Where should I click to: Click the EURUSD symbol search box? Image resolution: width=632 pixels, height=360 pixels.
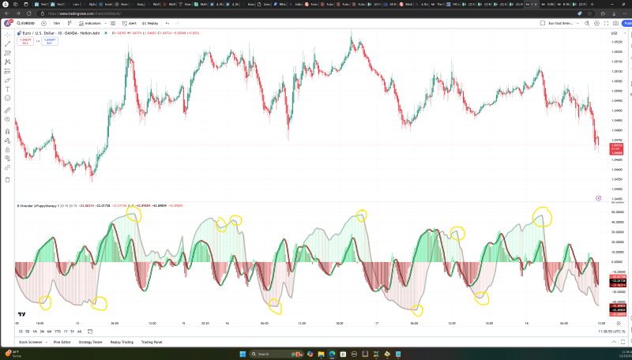tap(25, 24)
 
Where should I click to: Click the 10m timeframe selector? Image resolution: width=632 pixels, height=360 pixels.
tap(57, 24)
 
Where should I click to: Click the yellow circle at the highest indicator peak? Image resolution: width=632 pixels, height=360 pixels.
tap(543, 215)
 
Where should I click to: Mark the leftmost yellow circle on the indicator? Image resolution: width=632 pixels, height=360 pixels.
tap(44, 302)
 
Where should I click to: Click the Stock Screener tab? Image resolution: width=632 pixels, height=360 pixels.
tap(31, 342)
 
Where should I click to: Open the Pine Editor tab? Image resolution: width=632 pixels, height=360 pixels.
tap(62, 342)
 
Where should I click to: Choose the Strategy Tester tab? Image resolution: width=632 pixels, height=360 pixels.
tap(91, 342)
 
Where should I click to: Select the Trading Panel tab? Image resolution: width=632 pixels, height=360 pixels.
tap(151, 342)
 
